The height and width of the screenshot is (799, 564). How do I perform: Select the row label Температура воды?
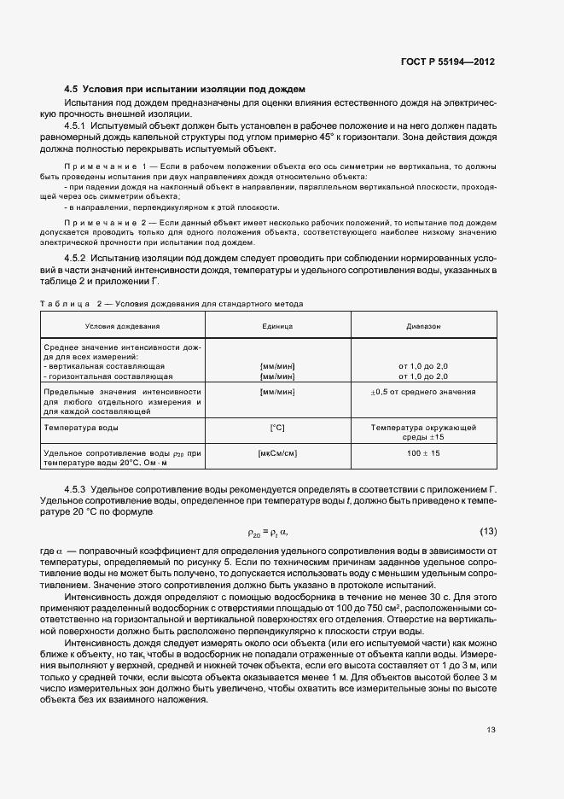[81, 427]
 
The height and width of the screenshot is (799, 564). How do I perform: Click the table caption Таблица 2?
[72, 303]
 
